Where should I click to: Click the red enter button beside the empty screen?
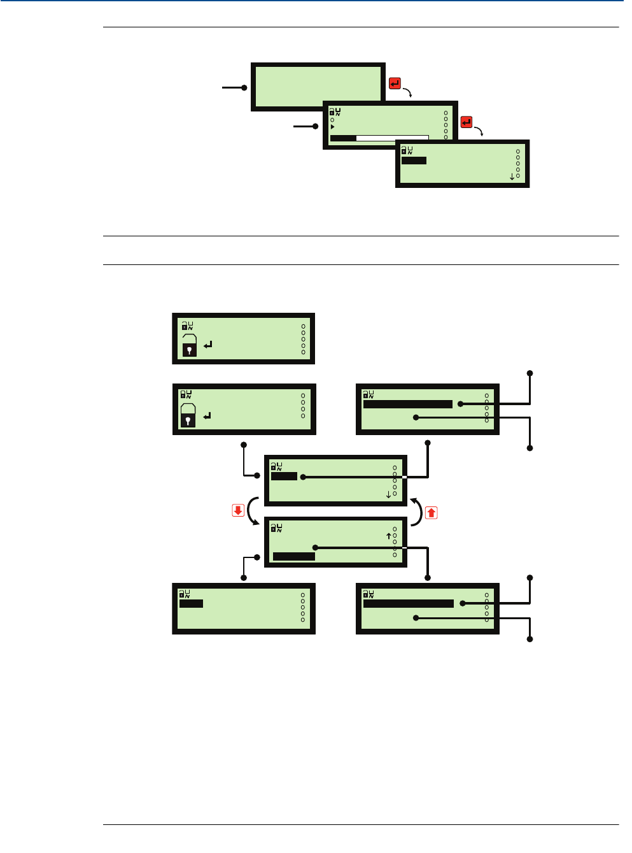pos(395,83)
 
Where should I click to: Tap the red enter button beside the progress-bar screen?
pos(467,122)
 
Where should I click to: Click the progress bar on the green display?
pos(379,138)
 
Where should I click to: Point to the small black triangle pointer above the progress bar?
pos(332,127)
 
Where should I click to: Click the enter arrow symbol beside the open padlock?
pos(208,345)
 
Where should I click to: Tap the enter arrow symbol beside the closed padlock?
pos(207,417)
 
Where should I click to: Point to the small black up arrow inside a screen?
pos(388,536)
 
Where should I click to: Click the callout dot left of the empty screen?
pos(244,87)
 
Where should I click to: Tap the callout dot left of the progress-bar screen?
pos(316,126)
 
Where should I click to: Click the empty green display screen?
pos(318,86)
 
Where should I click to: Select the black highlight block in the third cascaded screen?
pos(414,161)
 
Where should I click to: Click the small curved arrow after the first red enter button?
pos(408,92)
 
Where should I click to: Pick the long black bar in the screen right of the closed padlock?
pos(407,404)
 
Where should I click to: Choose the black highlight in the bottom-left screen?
pos(191,603)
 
